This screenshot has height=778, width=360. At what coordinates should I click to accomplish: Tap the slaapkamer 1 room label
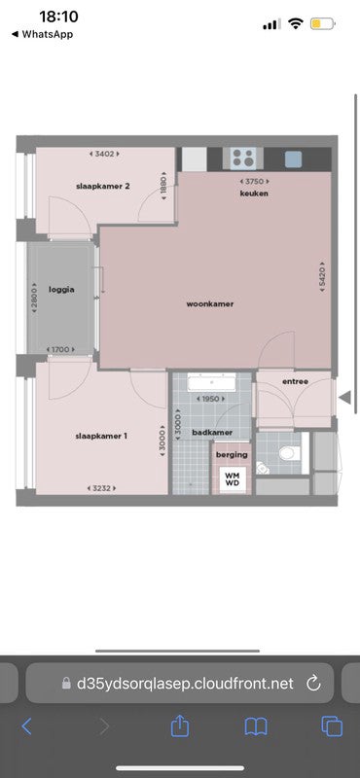point(101,436)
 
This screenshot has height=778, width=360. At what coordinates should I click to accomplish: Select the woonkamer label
point(210,304)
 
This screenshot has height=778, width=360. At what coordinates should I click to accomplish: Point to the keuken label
point(254,194)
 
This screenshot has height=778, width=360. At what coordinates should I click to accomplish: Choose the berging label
point(232,455)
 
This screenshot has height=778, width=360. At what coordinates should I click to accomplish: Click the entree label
point(295,381)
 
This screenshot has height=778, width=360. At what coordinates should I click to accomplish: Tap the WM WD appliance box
point(233,478)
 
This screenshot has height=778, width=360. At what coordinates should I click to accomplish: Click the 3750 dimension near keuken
point(254,181)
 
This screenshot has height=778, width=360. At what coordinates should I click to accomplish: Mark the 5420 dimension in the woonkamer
point(320,276)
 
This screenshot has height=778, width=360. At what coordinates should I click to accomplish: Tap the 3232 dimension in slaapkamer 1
point(101,487)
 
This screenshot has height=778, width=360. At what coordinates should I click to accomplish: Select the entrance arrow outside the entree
point(343,397)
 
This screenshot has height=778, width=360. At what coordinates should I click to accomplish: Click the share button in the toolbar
point(179,726)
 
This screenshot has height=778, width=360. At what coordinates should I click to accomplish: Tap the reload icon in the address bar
point(313,683)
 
